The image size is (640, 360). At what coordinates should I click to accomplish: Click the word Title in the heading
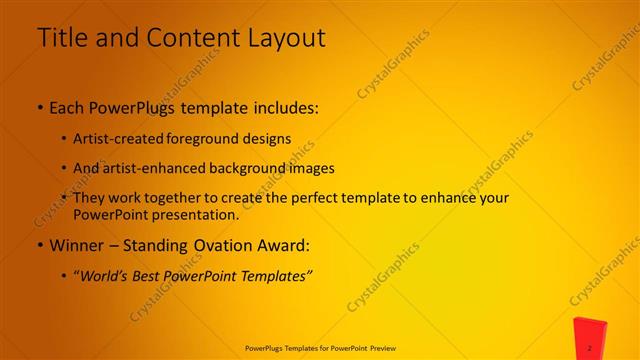[x=63, y=38]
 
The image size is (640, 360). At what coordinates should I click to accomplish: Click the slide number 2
[x=590, y=347]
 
